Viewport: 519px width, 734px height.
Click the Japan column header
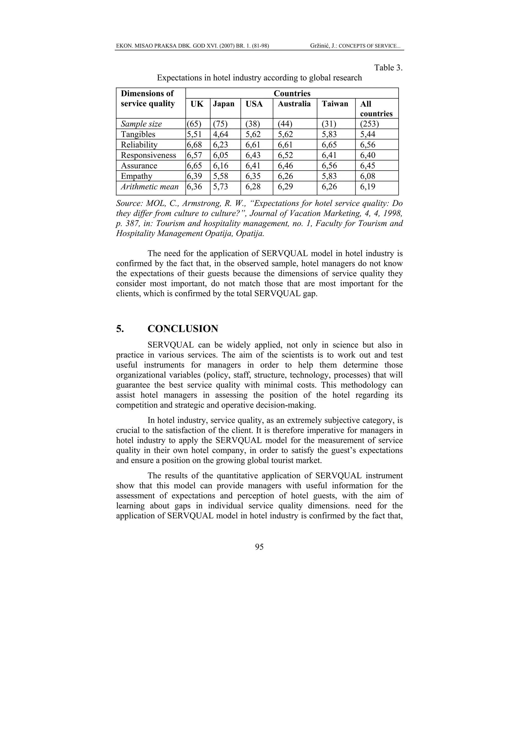coord(224,104)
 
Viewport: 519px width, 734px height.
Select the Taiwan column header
coord(335,104)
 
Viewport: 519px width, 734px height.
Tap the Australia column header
coord(294,104)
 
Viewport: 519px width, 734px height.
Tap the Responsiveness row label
coord(149,155)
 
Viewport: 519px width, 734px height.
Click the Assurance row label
coord(139,166)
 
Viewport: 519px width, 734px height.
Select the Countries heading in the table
coord(292,93)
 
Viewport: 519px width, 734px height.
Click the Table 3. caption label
coord(388,68)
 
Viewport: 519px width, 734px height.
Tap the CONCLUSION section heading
coord(183,329)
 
